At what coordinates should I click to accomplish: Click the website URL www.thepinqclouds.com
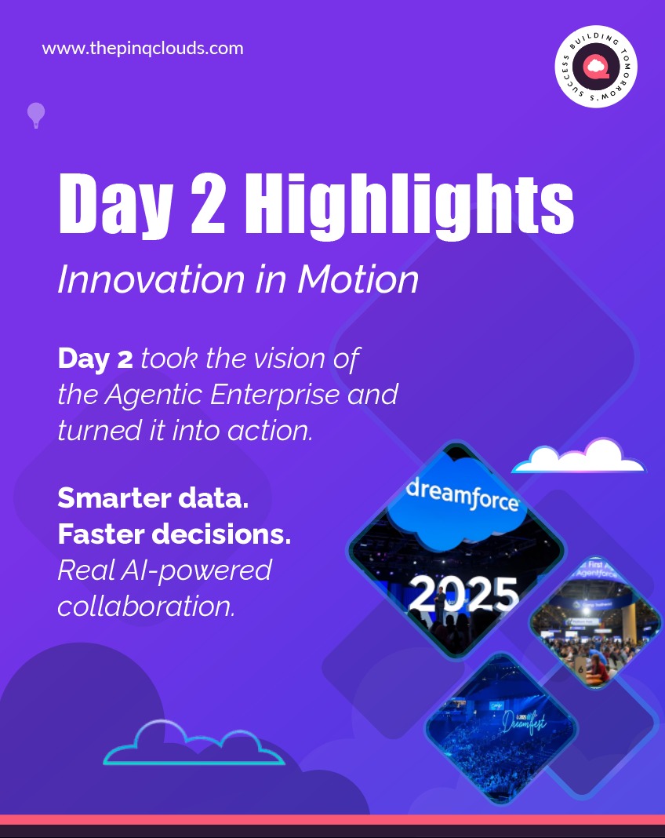[x=143, y=49]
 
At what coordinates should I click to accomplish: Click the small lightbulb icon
[x=36, y=115]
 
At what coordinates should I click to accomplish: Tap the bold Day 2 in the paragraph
[x=95, y=359]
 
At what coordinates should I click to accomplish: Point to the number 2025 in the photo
[x=463, y=594]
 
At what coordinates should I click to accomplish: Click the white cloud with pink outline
[x=580, y=457]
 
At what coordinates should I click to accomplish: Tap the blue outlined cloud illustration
[x=194, y=745]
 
